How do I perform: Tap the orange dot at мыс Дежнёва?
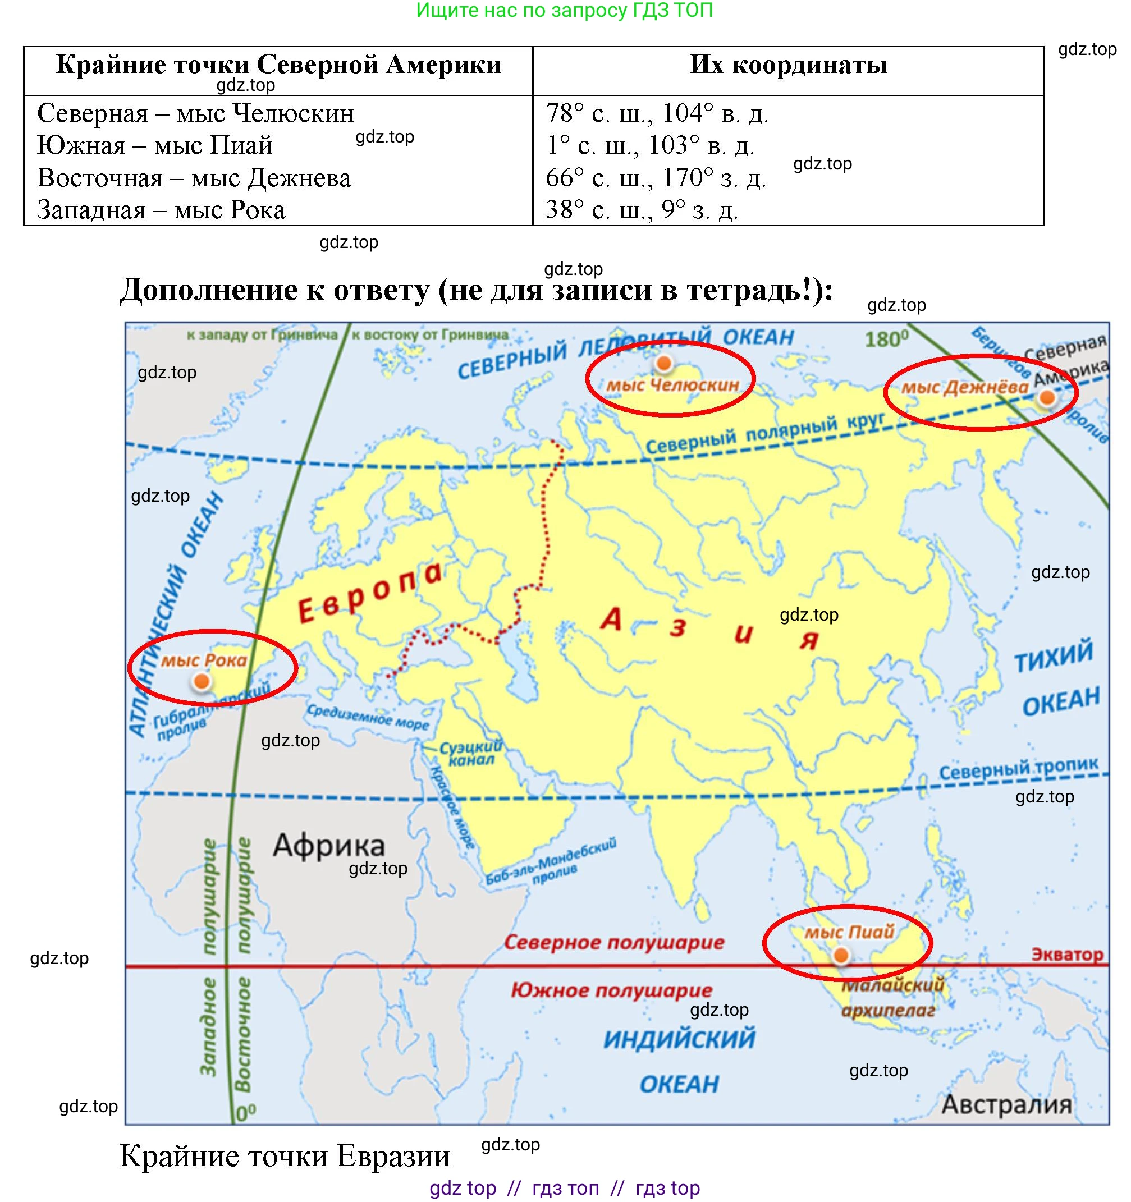click(1046, 398)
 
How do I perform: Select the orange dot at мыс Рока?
click(202, 682)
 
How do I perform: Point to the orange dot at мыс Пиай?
click(840, 955)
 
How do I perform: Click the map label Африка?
click(328, 845)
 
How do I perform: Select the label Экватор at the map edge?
click(1067, 955)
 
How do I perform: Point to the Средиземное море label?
click(368, 717)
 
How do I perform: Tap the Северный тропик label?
click(1018, 769)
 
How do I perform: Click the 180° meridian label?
click(886, 338)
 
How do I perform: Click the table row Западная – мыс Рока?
click(161, 210)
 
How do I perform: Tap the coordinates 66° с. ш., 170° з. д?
click(656, 178)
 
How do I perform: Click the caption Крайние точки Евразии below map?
click(285, 1155)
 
